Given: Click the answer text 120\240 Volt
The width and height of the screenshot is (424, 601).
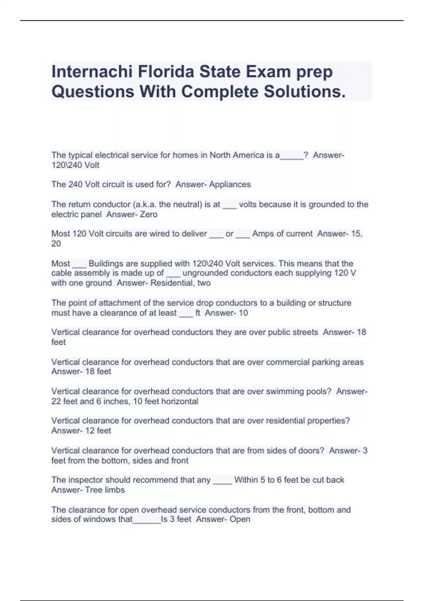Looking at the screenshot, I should click(x=75, y=165).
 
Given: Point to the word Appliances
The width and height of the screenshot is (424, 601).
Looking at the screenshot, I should click(x=230, y=185).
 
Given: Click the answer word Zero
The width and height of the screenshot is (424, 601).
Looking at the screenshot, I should click(x=148, y=214).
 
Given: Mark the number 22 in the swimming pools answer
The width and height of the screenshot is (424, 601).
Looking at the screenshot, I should click(x=56, y=401).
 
